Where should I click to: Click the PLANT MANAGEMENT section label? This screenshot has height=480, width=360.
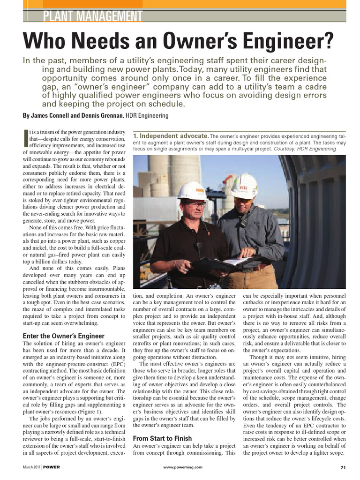[x=92, y=17]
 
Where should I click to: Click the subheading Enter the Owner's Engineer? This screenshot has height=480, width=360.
[x=64, y=336]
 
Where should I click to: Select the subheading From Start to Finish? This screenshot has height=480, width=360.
[x=162, y=438]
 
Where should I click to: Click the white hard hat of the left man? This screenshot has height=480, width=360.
[x=192, y=190]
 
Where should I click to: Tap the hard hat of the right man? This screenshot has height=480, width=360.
[x=244, y=185]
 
